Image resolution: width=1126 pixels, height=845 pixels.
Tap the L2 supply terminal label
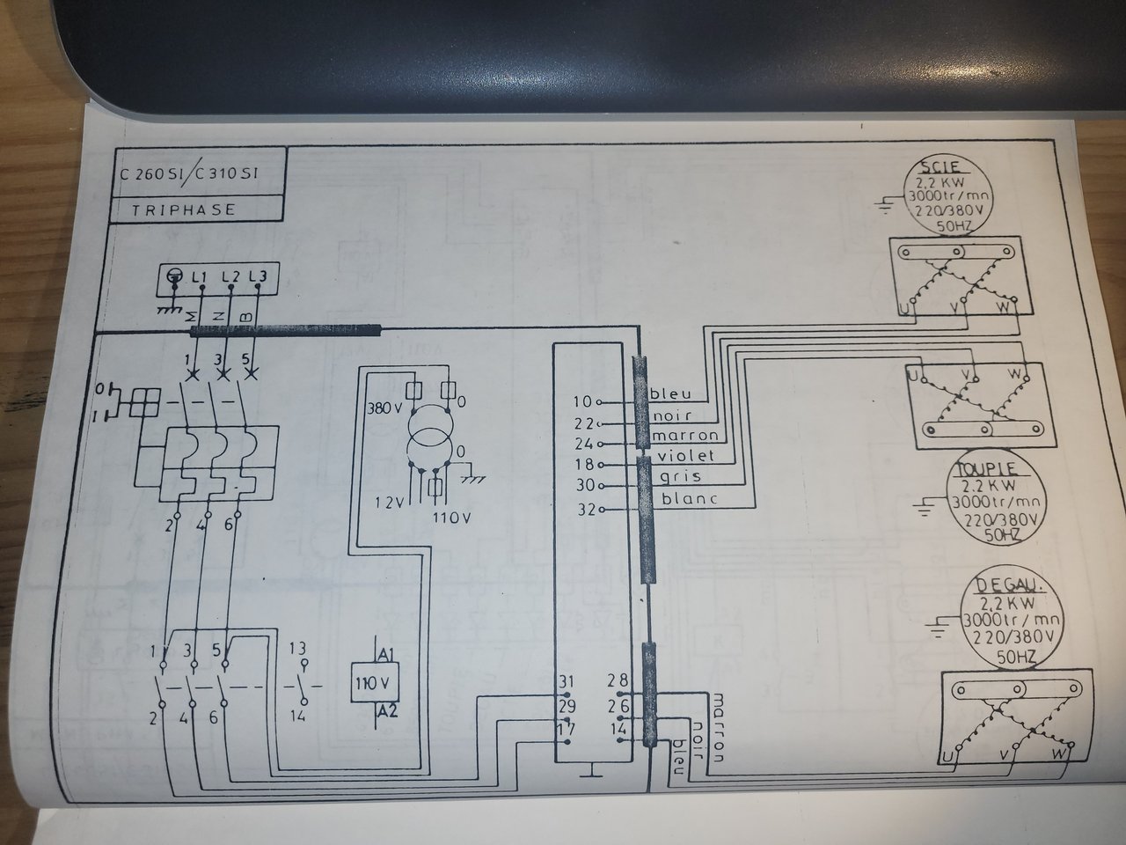[x=230, y=277]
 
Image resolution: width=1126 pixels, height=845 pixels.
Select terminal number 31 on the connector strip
[x=567, y=682]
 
